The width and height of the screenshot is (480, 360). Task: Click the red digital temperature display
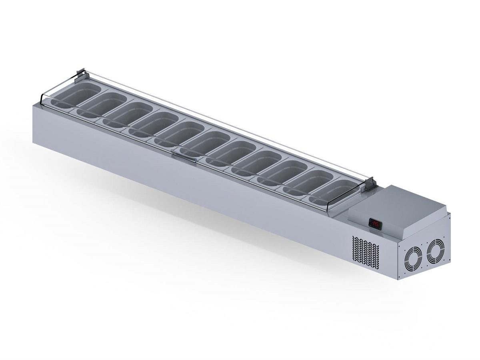(x=375, y=223)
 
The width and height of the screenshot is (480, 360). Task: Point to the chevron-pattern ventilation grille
(x=365, y=250)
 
